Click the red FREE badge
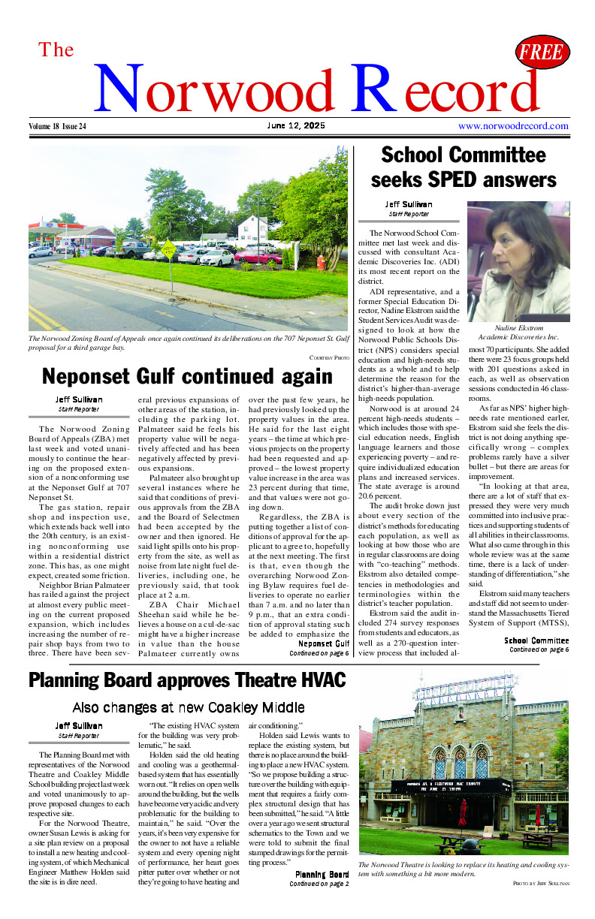tap(542, 52)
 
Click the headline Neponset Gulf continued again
tap(187, 376)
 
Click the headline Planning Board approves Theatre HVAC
tap(187, 680)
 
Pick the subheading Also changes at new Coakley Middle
tap(188, 707)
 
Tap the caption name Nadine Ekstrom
tap(518, 328)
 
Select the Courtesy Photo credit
tap(329, 357)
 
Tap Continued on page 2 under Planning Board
tap(319, 884)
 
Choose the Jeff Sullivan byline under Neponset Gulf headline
tap(78, 399)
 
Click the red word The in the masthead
tap(56, 50)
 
